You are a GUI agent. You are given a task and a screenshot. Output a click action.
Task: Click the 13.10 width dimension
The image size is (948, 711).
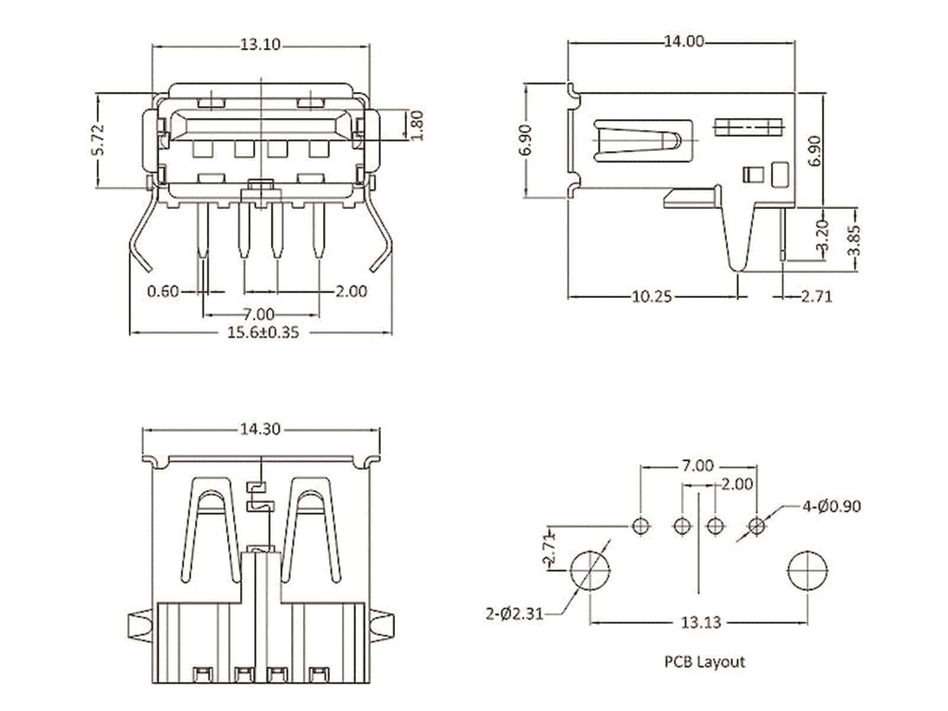pos(260,44)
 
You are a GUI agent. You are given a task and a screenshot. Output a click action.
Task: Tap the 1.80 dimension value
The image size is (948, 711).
pos(417,125)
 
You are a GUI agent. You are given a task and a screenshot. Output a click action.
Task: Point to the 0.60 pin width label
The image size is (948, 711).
pos(162,292)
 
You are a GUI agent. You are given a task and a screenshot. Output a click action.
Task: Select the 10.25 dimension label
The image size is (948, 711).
pos(652,296)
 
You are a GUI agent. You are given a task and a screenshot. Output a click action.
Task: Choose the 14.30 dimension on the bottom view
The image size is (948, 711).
pos(260,429)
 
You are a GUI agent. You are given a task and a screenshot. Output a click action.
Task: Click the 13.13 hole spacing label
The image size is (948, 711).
pos(701,622)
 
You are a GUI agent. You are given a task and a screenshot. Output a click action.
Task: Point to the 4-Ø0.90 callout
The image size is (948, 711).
pos(831,507)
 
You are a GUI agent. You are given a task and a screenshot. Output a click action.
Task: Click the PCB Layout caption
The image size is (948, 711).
pos(704,662)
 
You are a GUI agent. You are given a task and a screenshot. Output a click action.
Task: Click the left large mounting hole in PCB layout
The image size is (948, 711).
pos(590,570)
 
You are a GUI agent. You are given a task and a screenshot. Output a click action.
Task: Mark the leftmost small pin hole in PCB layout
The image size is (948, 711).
pos(640,525)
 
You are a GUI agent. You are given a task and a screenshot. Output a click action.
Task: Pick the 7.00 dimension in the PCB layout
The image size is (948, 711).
pos(696,466)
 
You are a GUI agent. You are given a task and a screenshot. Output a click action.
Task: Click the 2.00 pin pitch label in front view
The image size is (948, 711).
pos(351,292)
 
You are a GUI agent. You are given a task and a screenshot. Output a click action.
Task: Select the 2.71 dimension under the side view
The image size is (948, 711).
pos(816,296)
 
